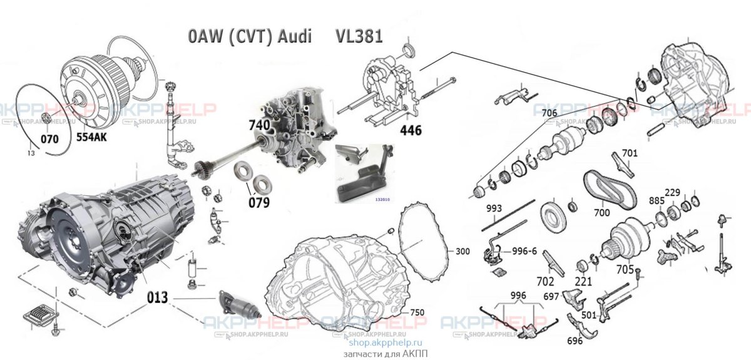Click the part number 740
(259, 125)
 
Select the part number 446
(411, 130)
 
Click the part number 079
(258, 202)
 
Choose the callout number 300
(462, 251)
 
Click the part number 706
(549, 113)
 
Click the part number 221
(583, 282)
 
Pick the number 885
(656, 201)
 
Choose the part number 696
(575, 341)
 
